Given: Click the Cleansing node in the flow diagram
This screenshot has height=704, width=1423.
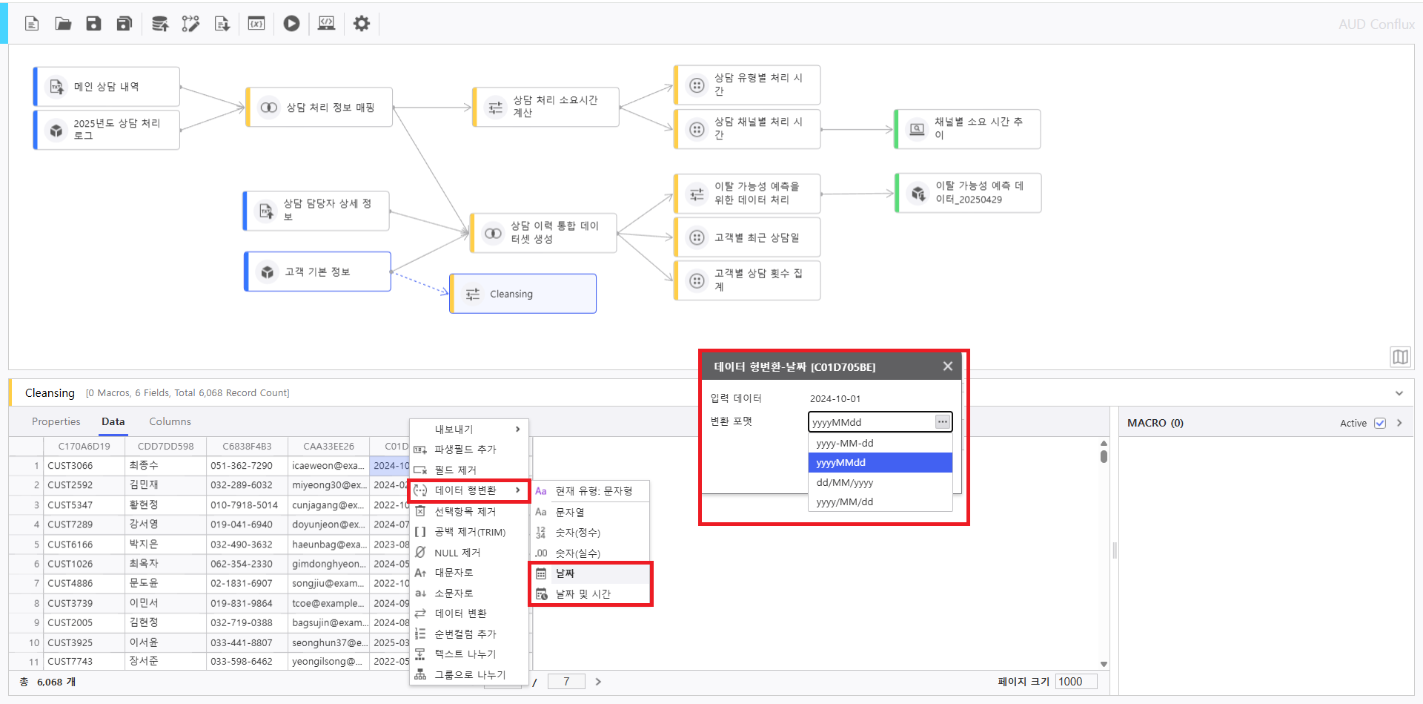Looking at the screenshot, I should (523, 294).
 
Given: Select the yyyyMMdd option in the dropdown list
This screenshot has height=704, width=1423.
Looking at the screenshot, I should (879, 462).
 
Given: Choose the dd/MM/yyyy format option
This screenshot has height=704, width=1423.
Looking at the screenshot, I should (879, 482).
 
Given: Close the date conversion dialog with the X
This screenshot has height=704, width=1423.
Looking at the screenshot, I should (947, 366).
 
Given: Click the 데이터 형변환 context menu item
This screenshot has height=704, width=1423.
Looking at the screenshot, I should (467, 490).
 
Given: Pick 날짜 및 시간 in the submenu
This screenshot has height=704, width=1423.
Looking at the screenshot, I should (583, 594).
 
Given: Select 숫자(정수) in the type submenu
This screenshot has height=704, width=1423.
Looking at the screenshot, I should (577, 533).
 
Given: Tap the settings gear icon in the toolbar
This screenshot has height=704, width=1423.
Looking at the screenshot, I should (361, 24).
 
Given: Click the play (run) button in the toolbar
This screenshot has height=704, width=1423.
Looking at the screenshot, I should (291, 24).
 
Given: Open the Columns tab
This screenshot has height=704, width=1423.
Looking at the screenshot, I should (170, 421).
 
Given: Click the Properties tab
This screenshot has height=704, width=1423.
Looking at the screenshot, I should (56, 421).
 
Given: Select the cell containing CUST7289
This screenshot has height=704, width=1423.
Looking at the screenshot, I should (70, 524).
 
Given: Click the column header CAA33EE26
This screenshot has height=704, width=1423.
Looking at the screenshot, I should (328, 446).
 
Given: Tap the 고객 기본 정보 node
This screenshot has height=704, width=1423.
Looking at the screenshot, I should (317, 272).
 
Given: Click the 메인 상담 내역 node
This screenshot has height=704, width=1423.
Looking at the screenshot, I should (107, 87).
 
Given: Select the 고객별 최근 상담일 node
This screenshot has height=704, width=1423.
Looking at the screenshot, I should (747, 237).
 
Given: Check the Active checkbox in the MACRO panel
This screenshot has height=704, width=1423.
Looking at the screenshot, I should (1379, 423).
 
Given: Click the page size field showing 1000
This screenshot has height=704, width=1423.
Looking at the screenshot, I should (1075, 682).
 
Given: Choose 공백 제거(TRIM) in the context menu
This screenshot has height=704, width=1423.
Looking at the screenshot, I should (469, 532).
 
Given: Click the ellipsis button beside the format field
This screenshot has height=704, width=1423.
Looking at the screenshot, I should (942, 421).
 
